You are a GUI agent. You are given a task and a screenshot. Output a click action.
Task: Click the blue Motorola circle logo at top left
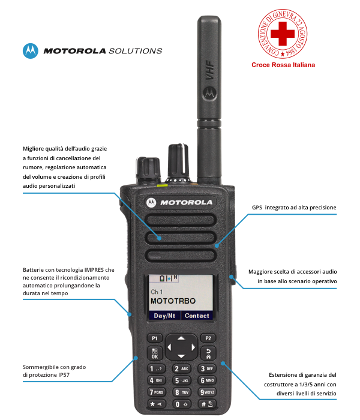30,50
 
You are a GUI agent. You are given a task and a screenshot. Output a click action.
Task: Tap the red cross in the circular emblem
283,34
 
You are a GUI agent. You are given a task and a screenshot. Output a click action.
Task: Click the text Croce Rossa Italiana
283,65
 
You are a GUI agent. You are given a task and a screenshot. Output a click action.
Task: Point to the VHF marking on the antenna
209,70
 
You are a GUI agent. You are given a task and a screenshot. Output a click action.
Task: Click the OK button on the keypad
155,353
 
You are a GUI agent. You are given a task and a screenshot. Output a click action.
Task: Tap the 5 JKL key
181,380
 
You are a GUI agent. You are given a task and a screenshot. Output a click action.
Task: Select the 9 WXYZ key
207,392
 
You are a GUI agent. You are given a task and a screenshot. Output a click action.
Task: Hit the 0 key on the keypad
181,404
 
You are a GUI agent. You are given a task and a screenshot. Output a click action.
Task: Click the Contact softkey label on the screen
197,316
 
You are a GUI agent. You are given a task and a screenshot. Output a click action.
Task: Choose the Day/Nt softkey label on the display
164,316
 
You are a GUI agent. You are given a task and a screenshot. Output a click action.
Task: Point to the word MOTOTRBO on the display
173,301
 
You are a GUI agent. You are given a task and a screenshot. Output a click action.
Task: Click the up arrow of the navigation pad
181,338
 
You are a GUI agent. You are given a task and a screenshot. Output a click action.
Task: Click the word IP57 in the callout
64,375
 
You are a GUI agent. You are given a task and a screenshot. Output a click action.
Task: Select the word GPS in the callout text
257,208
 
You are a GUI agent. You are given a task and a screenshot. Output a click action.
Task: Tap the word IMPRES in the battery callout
94,270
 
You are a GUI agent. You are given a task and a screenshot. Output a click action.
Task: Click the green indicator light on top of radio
163,185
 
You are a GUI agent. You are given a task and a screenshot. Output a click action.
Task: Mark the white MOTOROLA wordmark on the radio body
186,203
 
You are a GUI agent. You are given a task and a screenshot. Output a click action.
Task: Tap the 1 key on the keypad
156,368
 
